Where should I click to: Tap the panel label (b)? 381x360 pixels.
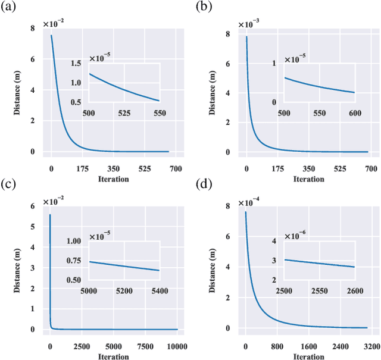(204, 7)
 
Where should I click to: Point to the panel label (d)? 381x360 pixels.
(204, 185)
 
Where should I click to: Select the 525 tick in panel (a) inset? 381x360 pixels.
(124, 112)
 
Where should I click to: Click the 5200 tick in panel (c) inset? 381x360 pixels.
(124, 290)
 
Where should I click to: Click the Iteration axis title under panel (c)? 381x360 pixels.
(110, 356)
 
